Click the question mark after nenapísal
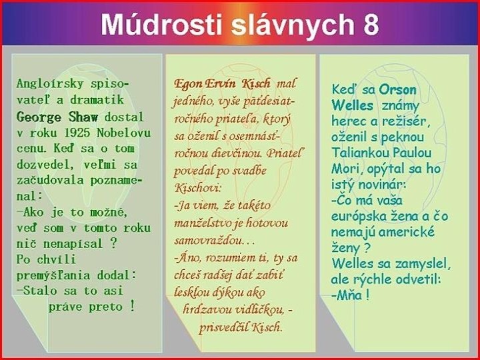pyautogui.click(x=113, y=243)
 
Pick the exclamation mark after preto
pyautogui.click(x=133, y=307)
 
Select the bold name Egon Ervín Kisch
pyautogui.click(x=222, y=84)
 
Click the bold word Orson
pyautogui.click(x=398, y=89)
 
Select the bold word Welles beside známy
pyautogui.click(x=352, y=105)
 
